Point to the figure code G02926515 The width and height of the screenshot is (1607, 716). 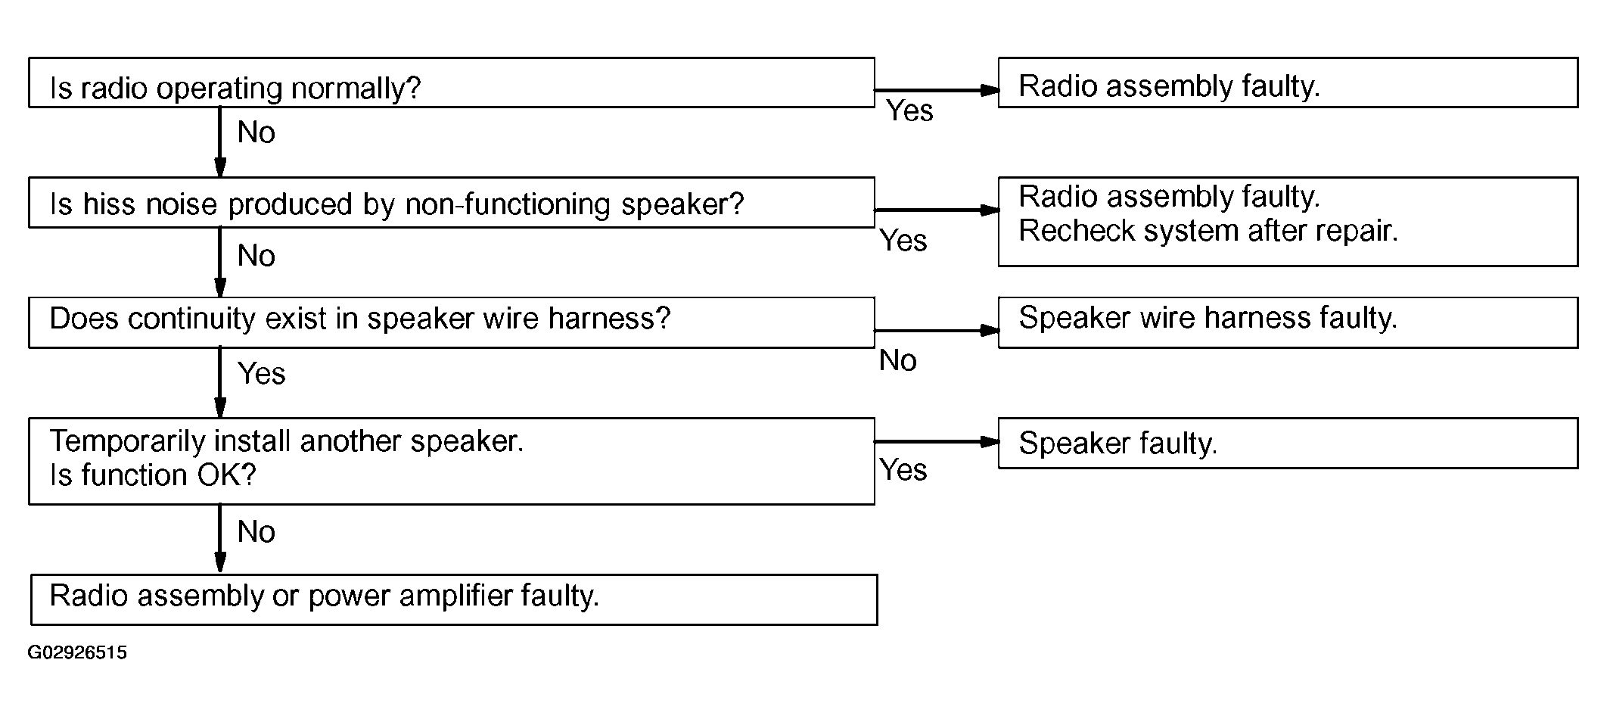pos(77,652)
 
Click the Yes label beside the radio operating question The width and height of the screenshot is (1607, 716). pos(909,111)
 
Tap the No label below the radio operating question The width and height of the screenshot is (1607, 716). pos(256,132)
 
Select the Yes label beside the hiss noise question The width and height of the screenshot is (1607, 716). pos(903,241)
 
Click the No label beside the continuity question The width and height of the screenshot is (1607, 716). pos(898,360)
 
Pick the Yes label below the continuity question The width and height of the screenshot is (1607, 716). pos(262,373)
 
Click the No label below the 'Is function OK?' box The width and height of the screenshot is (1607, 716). pos(256,532)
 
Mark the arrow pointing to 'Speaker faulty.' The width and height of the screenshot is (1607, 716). pos(937,441)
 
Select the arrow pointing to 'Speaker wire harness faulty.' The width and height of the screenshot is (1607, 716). pos(937,331)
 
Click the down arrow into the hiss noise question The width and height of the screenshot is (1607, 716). pos(220,142)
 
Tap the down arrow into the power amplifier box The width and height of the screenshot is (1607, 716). pos(220,539)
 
